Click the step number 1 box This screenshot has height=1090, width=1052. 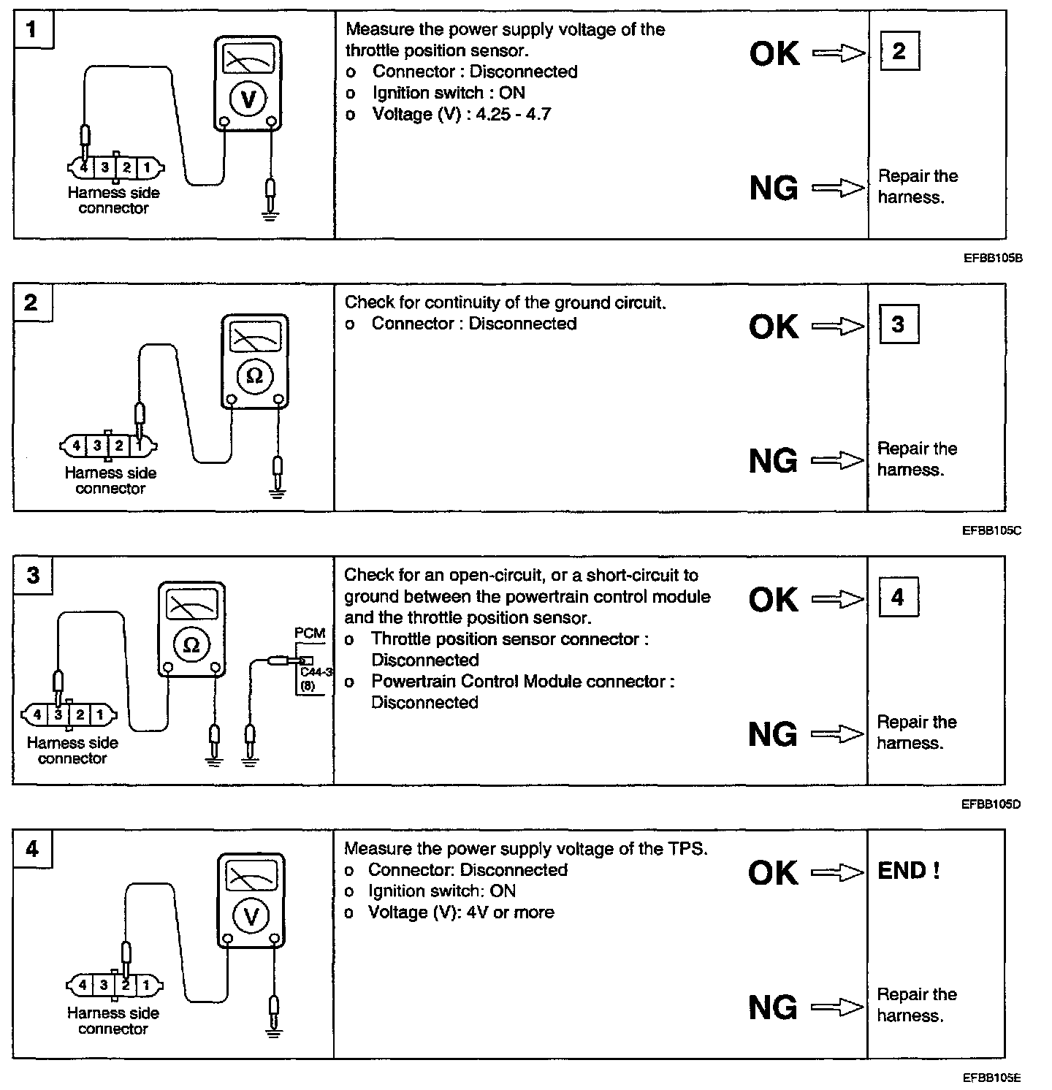click(x=31, y=30)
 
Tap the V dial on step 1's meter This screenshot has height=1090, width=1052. click(x=248, y=99)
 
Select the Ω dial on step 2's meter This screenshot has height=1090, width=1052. click(x=254, y=376)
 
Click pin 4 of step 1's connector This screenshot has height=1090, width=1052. click(x=84, y=167)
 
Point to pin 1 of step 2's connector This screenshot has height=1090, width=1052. click(x=139, y=444)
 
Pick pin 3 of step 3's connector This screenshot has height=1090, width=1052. click(x=58, y=714)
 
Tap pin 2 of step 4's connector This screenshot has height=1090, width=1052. click(x=126, y=985)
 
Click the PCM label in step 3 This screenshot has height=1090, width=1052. click(x=310, y=633)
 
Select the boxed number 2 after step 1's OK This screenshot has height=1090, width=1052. click(x=899, y=51)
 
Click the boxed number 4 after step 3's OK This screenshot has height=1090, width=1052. click(x=898, y=598)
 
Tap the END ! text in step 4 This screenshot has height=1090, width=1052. click(x=908, y=871)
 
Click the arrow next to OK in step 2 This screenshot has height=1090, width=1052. click(x=838, y=327)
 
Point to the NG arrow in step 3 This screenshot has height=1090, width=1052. click(x=838, y=734)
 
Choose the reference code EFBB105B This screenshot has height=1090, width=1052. click(x=991, y=258)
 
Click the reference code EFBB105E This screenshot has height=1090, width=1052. click(x=991, y=1078)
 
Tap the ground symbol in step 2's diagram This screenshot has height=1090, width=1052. click(x=277, y=492)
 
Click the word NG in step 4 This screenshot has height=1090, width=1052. click(x=774, y=1008)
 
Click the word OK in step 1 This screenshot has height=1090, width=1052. click(x=774, y=53)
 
